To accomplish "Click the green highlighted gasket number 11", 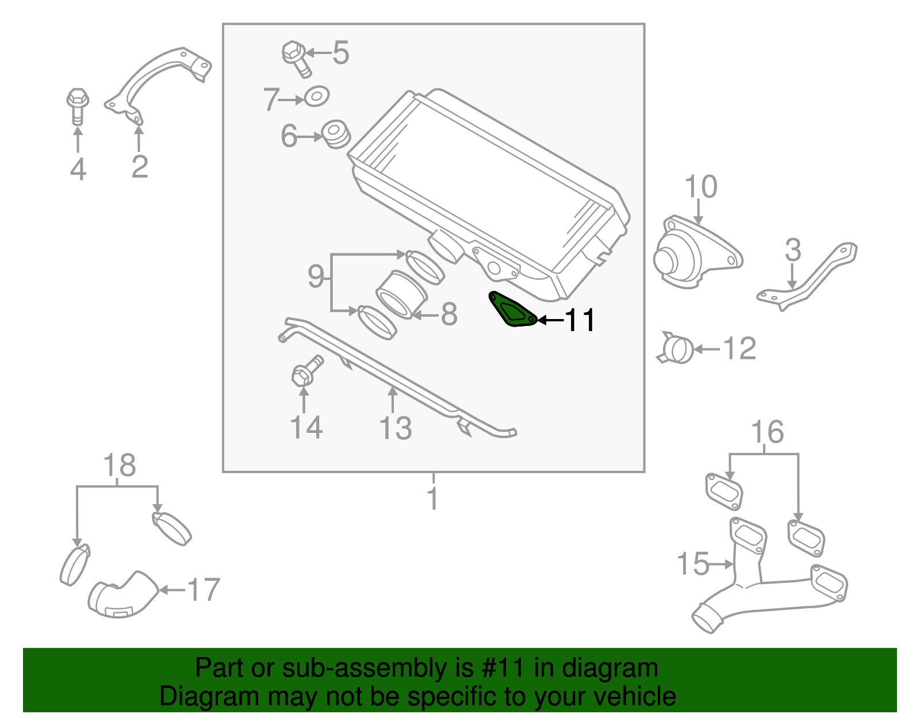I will tap(511, 310).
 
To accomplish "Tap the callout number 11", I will tap(579, 320).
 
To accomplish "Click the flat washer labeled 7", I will tap(316, 96).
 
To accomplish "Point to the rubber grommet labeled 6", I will tap(335, 134).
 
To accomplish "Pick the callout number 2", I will tap(140, 167).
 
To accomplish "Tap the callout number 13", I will tap(396, 428).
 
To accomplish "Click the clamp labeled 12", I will tap(677, 349).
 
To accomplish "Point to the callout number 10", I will tap(701, 187).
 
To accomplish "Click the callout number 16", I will tap(767, 432).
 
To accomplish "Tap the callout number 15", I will tap(693, 564).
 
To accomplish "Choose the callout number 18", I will tap(120, 466).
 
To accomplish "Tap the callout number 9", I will tap(316, 277).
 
